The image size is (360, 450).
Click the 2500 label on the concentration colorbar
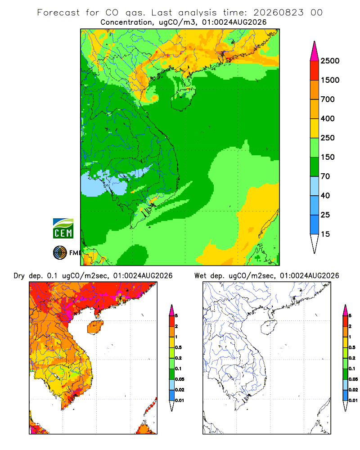pyautogui.click(x=330, y=61)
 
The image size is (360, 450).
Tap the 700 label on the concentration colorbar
pyautogui.click(x=328, y=99)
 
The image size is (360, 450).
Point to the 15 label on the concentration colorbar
pyautogui.click(x=325, y=234)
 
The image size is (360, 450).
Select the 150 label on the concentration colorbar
pyautogui.click(x=328, y=157)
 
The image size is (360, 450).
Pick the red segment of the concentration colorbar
pyautogui.click(x=315, y=71)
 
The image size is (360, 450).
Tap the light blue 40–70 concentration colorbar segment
pyautogui.click(x=315, y=186)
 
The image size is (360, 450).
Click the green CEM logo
pyautogui.click(x=63, y=229)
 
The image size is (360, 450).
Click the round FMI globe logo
pyautogui.click(x=60, y=253)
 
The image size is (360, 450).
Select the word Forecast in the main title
pyautogui.click(x=58, y=13)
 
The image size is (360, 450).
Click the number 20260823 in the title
pyautogui.click(x=278, y=13)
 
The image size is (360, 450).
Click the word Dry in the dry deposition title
pyautogui.click(x=19, y=276)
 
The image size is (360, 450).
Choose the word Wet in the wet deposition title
pyautogui.click(x=200, y=276)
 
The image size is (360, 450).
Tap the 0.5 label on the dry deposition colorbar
pyautogui.click(x=178, y=347)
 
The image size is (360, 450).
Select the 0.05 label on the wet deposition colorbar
pyautogui.click(x=353, y=379)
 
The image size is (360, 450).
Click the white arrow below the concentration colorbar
pyautogui.click(x=315, y=243)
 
